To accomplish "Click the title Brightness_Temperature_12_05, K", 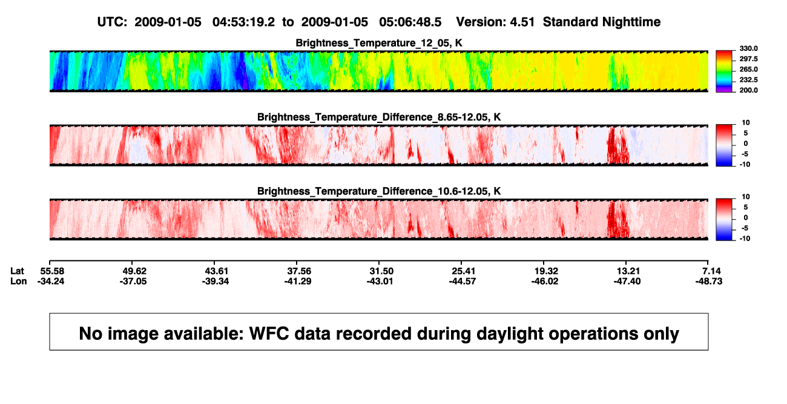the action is (379, 43).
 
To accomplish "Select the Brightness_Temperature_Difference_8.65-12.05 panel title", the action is (379, 117).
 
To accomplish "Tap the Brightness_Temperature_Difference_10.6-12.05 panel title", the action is (379, 191).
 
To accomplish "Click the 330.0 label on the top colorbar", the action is (748, 48).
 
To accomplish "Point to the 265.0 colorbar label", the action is (748, 69).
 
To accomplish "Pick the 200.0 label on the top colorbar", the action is (748, 90).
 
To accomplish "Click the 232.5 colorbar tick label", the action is (748, 80).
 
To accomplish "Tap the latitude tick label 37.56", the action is (299, 271).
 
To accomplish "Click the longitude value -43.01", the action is (380, 281).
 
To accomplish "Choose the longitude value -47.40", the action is (627, 281).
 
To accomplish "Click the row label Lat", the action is (17, 271).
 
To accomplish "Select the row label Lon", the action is (18, 281).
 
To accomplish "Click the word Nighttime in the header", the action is (631, 22).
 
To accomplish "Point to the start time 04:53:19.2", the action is (243, 22).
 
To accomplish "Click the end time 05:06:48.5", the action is (410, 22).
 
